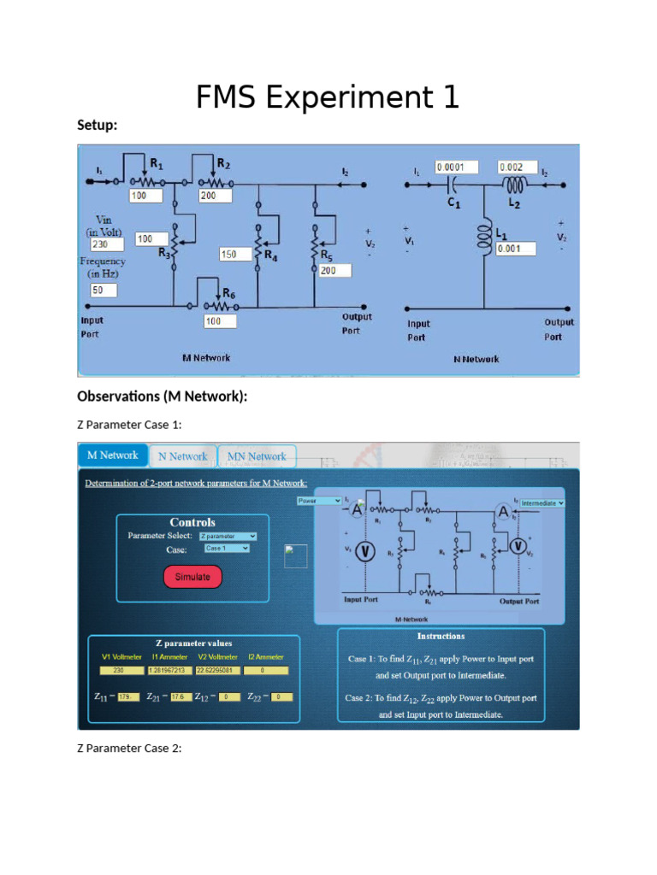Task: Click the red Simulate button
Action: (192, 577)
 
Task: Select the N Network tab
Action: (182, 456)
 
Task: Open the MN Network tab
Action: (257, 456)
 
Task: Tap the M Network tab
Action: (112, 455)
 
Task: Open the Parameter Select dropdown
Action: (228, 536)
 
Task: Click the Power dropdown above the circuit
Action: (319, 501)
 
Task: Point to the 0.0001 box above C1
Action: (456, 167)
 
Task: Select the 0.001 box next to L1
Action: (514, 249)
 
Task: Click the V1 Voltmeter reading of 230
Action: (117, 670)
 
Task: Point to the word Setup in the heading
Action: (97, 126)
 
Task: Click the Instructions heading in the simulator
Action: (441, 636)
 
